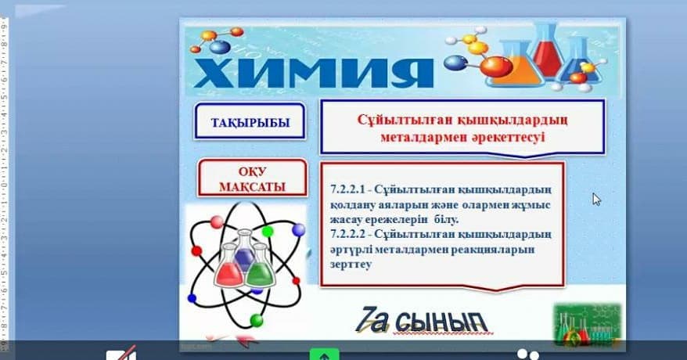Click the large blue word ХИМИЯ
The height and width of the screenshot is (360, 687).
coord(313,73)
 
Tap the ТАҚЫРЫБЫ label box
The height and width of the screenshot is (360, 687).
coord(250,121)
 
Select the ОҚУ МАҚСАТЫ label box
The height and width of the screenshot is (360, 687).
coord(253,178)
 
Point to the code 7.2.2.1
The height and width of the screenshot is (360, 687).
coord(347,189)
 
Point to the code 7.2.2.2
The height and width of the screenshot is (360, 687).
coord(347,234)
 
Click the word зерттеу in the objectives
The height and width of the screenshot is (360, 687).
coord(351,265)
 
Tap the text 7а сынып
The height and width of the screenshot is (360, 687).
coord(421,321)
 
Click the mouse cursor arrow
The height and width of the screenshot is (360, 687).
coord(596,200)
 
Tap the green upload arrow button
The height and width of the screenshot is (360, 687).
coord(324,355)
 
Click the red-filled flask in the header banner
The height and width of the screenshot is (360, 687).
coord(548,50)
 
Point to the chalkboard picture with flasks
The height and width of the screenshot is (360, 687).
coord(587,324)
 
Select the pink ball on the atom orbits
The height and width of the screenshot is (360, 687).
coord(217,222)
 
